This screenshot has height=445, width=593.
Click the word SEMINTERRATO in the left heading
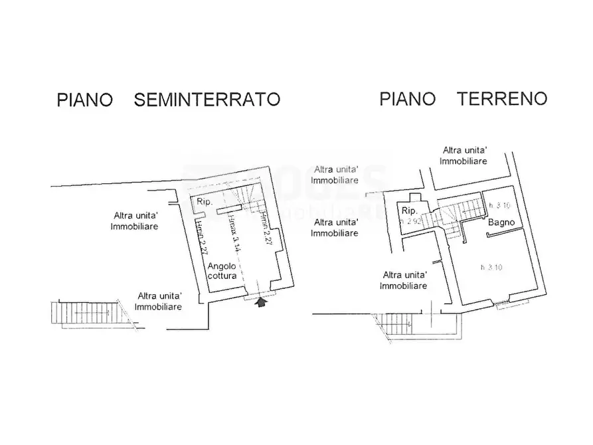(x=207, y=100)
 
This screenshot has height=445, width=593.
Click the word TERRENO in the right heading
(x=502, y=99)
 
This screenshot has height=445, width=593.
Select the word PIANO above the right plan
(x=408, y=99)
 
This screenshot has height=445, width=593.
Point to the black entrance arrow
(x=261, y=302)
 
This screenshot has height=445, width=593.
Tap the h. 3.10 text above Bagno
(x=498, y=205)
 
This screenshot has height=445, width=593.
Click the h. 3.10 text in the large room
(x=491, y=268)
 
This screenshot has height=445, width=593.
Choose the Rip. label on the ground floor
(x=408, y=211)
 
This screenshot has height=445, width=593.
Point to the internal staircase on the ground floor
(x=452, y=216)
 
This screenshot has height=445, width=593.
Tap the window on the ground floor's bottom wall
(x=511, y=303)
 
